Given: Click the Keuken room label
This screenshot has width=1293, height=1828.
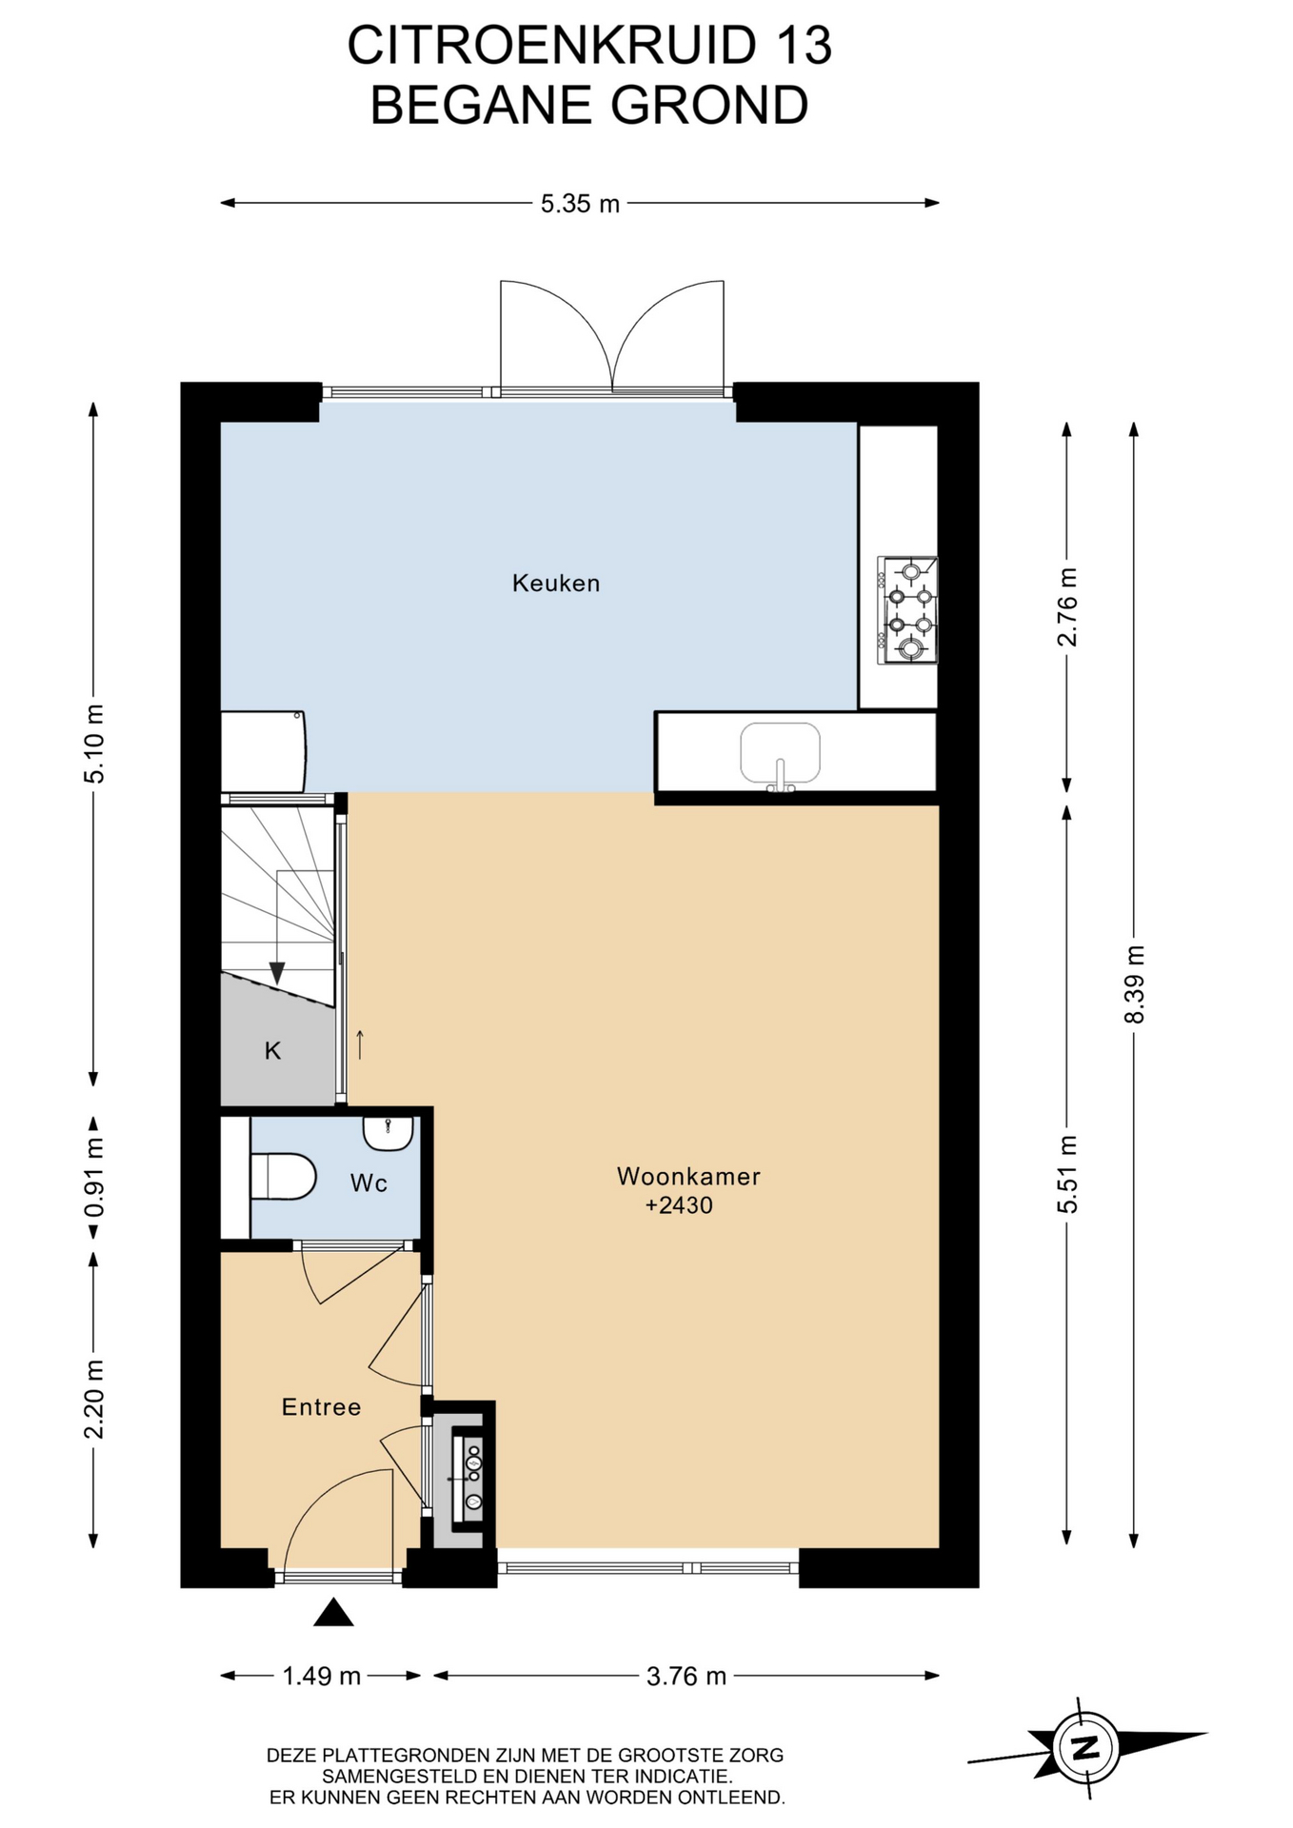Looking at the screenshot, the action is pyautogui.click(x=556, y=583).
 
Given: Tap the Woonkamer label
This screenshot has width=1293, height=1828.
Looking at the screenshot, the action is pyautogui.click(x=688, y=1176).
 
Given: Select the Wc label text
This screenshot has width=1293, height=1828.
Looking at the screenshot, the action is pyautogui.click(x=368, y=1182).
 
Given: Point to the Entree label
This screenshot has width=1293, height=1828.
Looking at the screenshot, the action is pyautogui.click(x=321, y=1406).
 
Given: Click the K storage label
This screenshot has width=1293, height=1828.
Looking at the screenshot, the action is pyautogui.click(x=272, y=1050).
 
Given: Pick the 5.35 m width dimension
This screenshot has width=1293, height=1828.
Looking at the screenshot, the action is pyautogui.click(x=580, y=203).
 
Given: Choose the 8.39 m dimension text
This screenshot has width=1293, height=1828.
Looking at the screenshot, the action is pyautogui.click(x=1134, y=984).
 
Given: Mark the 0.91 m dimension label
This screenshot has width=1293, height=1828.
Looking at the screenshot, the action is pyautogui.click(x=94, y=1179).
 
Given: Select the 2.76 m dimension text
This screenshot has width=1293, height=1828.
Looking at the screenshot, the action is pyautogui.click(x=1067, y=607).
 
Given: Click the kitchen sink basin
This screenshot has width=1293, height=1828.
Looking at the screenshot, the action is pyautogui.click(x=780, y=752).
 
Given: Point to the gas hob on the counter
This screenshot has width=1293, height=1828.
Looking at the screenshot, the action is pyautogui.click(x=907, y=609).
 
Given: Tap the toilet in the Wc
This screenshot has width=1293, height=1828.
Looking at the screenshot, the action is pyautogui.click(x=283, y=1177).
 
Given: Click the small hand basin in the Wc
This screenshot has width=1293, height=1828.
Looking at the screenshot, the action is pyautogui.click(x=388, y=1134).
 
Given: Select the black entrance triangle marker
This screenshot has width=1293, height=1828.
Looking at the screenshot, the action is pyautogui.click(x=333, y=1613).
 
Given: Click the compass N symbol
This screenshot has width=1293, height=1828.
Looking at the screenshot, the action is pyautogui.click(x=1085, y=1747).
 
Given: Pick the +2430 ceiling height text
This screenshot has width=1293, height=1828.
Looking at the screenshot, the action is pyautogui.click(x=679, y=1205).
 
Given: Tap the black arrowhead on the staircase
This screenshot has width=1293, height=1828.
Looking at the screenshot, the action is pyautogui.click(x=277, y=973).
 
